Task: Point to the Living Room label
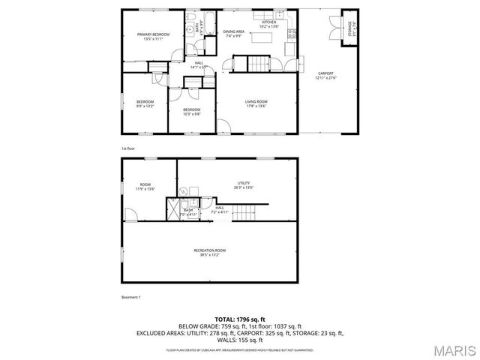[x=256, y=103]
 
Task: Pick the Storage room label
[x=350, y=28]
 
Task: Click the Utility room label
[x=243, y=184]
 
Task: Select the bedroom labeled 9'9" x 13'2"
[x=145, y=103]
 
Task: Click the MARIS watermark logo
[x=452, y=350]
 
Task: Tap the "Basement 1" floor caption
[x=131, y=298]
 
